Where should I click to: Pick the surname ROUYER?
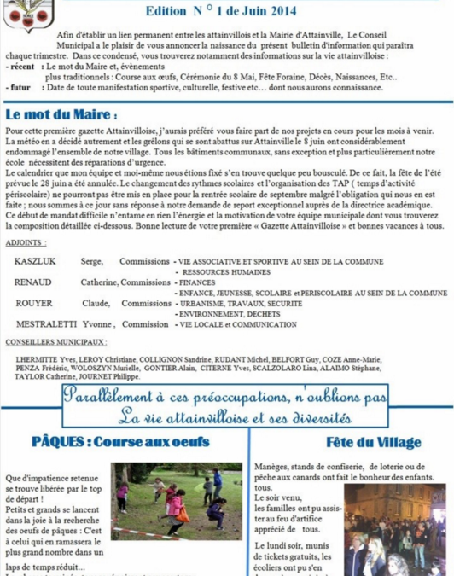pos(33,303)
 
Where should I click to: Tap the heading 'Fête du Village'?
pos(374,442)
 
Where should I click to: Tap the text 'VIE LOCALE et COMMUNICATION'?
pos(227,324)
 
